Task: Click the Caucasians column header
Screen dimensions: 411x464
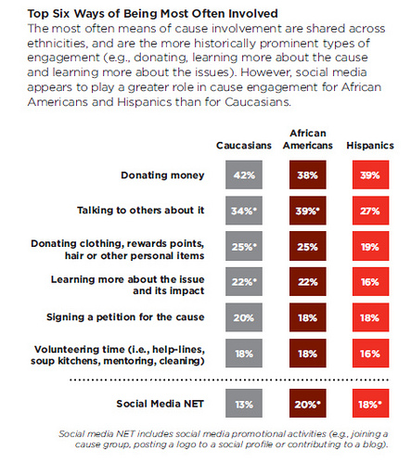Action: pos(244,146)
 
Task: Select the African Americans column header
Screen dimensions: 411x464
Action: pos(308,139)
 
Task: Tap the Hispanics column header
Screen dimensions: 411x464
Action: pos(370,146)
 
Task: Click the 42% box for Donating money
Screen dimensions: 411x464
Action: pos(244,174)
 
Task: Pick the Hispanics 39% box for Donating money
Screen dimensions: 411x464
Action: pos(370,174)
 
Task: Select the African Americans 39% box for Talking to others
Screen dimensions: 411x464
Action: pos(308,211)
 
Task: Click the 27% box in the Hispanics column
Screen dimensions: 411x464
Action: pos(370,211)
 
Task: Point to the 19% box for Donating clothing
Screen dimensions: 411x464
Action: pos(370,246)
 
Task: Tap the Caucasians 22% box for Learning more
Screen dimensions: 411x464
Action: pos(244,281)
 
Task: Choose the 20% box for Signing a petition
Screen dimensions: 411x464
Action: pos(244,317)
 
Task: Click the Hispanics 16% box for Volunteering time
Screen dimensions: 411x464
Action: pos(370,353)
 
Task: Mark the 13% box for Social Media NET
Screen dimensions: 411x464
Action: pos(244,404)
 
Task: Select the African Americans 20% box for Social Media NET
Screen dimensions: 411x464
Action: pos(308,404)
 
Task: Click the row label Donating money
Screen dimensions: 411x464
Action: pos(162,175)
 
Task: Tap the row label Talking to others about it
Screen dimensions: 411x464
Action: pos(141,211)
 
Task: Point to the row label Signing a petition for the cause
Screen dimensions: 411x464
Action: pos(125,317)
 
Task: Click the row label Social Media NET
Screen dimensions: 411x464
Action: pos(160,404)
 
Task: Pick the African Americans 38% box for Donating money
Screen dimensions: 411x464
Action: pos(308,174)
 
